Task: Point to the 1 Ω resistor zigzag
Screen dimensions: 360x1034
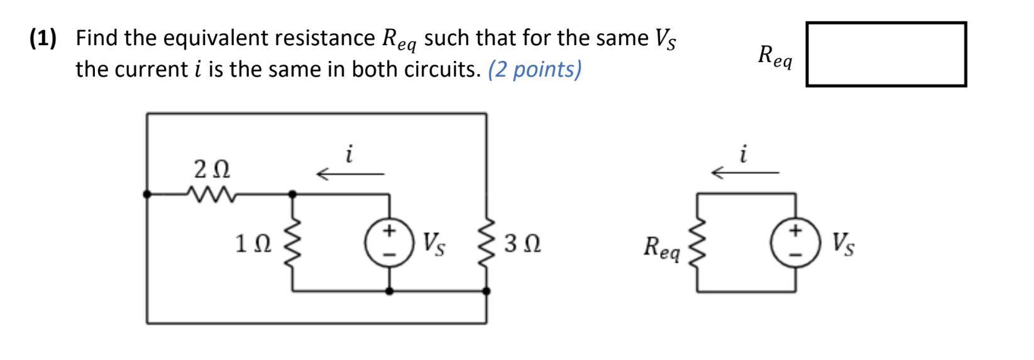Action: (x=292, y=243)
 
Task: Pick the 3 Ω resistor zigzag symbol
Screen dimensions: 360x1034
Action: (x=487, y=243)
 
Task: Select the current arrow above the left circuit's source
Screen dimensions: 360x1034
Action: (x=349, y=173)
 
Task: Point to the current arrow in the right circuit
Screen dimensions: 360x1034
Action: (x=744, y=172)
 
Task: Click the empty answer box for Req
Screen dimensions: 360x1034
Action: (x=886, y=54)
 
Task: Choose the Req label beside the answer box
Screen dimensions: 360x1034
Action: (x=774, y=57)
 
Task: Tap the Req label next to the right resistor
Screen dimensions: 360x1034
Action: (x=661, y=247)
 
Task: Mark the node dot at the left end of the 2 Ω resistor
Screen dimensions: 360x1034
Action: (x=147, y=195)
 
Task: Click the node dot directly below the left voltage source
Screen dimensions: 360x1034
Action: (x=390, y=292)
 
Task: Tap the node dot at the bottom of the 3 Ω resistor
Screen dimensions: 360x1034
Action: (x=487, y=292)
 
